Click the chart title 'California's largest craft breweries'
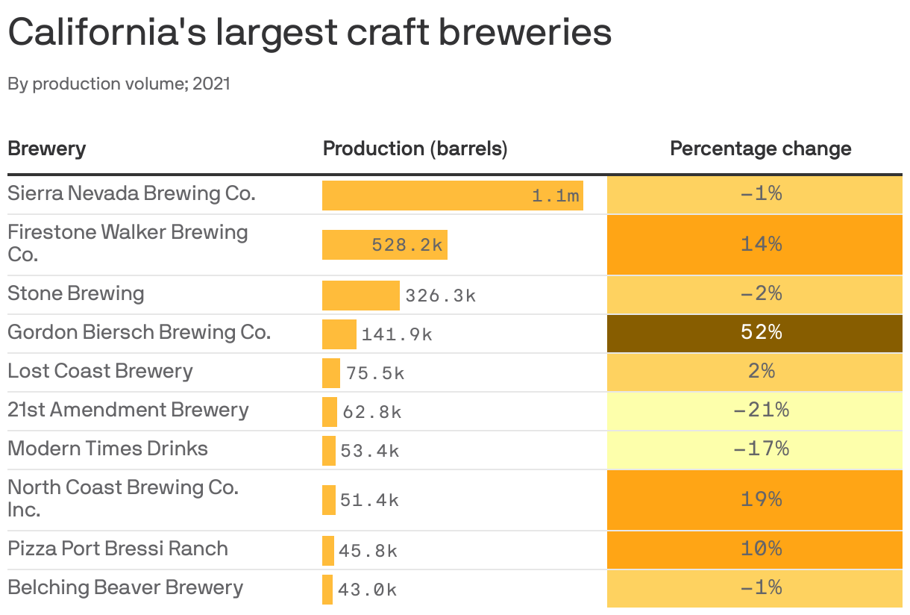tap(310, 33)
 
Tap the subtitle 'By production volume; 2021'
tap(119, 84)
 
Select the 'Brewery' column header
tap(46, 149)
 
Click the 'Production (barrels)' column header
tap(415, 149)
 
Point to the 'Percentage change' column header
tap(760, 149)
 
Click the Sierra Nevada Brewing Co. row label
tap(131, 193)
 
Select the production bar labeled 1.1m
tap(452, 196)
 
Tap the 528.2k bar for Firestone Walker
tap(384, 245)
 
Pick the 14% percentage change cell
tap(754, 244)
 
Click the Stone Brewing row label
tap(75, 293)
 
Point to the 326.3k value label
tap(440, 296)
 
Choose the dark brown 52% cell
tap(754, 332)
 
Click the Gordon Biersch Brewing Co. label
tap(139, 332)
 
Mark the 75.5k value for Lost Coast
tap(375, 373)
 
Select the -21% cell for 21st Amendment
tap(754, 410)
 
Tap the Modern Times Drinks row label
tap(107, 449)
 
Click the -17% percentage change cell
tap(754, 449)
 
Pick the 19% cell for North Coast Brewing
tap(754, 499)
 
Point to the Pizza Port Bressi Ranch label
tap(118, 549)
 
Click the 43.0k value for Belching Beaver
tap(367, 590)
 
